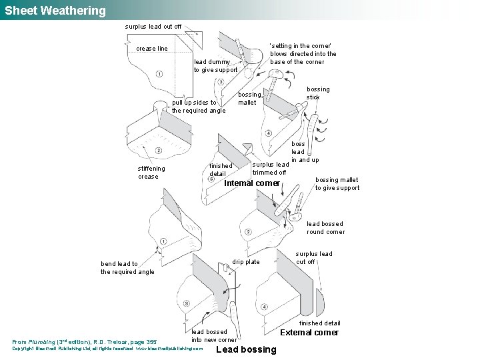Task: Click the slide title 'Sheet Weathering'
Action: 55,11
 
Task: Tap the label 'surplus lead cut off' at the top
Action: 153,27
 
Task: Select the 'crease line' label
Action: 152,49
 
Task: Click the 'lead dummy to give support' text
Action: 215,65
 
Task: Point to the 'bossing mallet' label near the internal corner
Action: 249,99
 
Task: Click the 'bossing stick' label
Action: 317,93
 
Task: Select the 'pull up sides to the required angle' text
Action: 199,106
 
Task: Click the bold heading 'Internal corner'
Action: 252,183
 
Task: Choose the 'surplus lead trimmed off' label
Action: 270,168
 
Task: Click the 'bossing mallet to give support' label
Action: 337,183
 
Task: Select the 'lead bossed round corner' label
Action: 325,228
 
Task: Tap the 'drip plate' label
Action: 246,262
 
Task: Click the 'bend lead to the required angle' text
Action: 127,267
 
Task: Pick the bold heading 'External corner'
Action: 309,333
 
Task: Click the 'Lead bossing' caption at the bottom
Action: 246,349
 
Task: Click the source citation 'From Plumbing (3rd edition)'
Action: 85,341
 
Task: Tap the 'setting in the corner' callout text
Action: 303,54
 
